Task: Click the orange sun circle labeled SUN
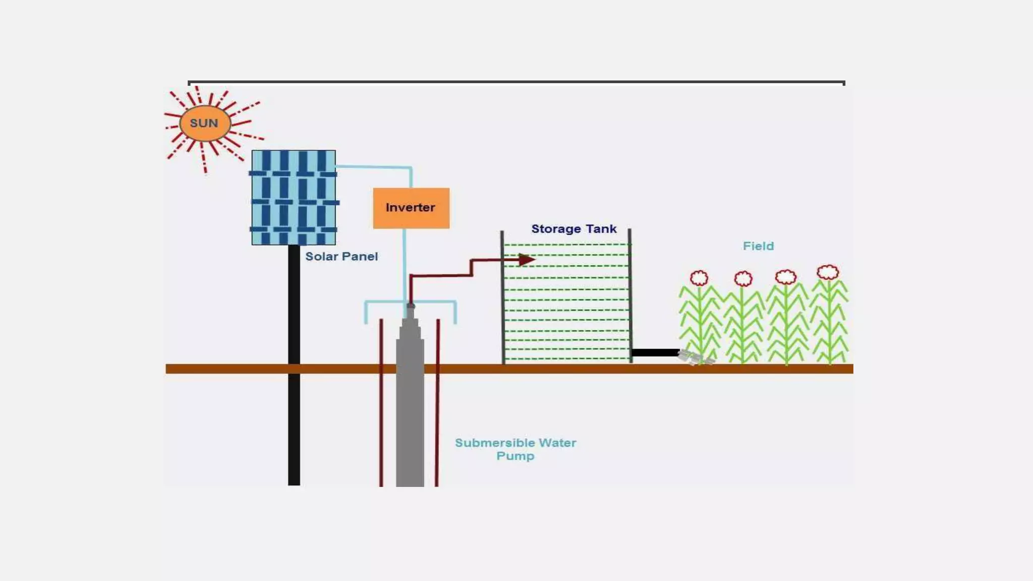[x=205, y=123]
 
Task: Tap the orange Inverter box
[x=411, y=208]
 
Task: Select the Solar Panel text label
[x=341, y=257]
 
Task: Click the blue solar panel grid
[x=294, y=197]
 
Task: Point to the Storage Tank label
[x=573, y=229]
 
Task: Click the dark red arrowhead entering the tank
[x=526, y=260]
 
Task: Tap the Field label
[x=758, y=246]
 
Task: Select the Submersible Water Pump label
[x=515, y=449]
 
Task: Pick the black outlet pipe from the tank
[x=655, y=353]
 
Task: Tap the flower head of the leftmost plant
[x=699, y=278]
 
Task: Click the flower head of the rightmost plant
[x=828, y=272]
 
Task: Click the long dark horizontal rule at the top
[x=516, y=82]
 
